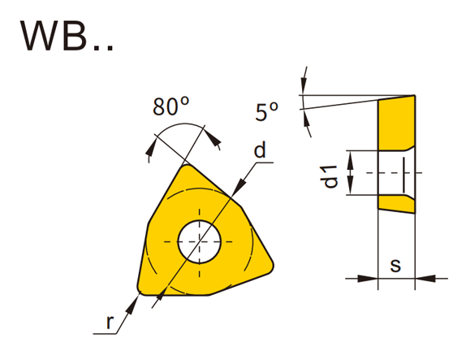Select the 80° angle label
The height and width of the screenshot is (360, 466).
(x=170, y=106)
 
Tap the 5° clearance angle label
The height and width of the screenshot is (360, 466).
(x=266, y=111)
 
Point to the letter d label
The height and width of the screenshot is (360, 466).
(x=259, y=150)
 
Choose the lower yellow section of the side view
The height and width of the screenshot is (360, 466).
(x=395, y=204)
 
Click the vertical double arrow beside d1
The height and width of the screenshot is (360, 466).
(x=351, y=173)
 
